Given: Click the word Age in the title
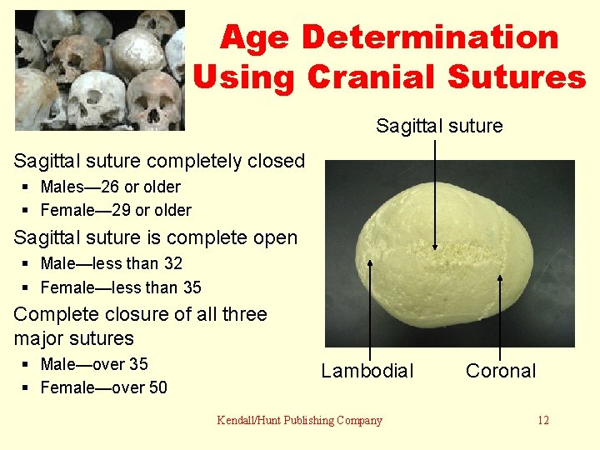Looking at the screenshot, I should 256,37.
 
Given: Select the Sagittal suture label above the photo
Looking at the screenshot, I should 439,126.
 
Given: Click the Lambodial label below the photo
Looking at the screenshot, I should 367,371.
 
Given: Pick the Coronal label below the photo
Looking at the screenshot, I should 501,371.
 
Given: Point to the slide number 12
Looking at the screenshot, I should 542,420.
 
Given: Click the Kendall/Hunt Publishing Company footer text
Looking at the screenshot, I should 299,420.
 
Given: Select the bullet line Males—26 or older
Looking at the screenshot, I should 110,187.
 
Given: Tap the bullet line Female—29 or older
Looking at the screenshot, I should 116,210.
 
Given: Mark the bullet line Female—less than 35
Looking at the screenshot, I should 121,287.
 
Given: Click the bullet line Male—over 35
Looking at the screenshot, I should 94,364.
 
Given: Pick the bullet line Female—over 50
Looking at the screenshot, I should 103,387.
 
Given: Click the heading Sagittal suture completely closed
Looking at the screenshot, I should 159,161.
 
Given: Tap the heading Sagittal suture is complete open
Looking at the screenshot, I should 156,237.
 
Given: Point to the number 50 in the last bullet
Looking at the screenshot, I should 157,387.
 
